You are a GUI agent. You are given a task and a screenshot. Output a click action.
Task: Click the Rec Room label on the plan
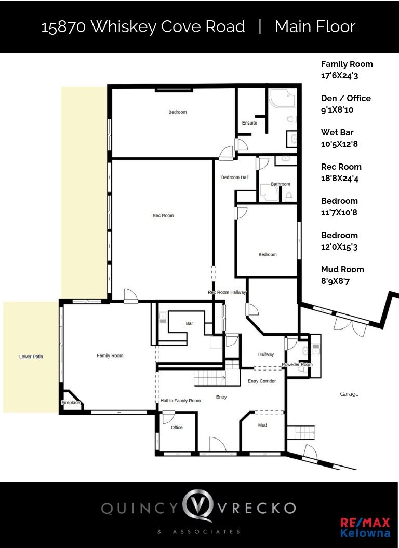[x=163, y=216]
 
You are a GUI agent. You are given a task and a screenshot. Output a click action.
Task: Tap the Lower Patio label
[x=31, y=357]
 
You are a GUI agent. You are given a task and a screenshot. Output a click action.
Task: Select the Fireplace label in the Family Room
[x=71, y=403]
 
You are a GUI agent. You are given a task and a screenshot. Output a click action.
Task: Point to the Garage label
[x=349, y=394]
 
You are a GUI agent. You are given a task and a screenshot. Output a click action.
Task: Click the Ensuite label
[x=249, y=122]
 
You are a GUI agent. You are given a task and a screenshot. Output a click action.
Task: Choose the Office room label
[x=177, y=427]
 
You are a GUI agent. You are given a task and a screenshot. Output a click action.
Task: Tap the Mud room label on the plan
[x=262, y=425]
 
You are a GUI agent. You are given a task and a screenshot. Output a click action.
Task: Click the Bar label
[x=189, y=323]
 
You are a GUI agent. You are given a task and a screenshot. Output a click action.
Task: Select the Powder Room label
[x=297, y=364]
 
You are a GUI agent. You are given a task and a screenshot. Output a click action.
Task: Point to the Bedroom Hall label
[x=235, y=177]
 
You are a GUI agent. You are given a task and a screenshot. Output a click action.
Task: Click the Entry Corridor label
[x=262, y=381]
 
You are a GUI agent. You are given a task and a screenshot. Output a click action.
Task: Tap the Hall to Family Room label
[x=181, y=401]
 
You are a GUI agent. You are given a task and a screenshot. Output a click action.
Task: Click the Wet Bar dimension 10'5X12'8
[x=339, y=144]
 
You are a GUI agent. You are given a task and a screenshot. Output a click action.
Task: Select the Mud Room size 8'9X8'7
[x=335, y=281]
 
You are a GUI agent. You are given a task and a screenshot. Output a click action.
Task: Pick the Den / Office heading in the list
[x=346, y=98]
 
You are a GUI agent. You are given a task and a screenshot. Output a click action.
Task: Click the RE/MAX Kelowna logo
[x=365, y=527]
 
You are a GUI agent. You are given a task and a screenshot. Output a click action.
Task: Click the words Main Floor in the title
[x=315, y=27]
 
